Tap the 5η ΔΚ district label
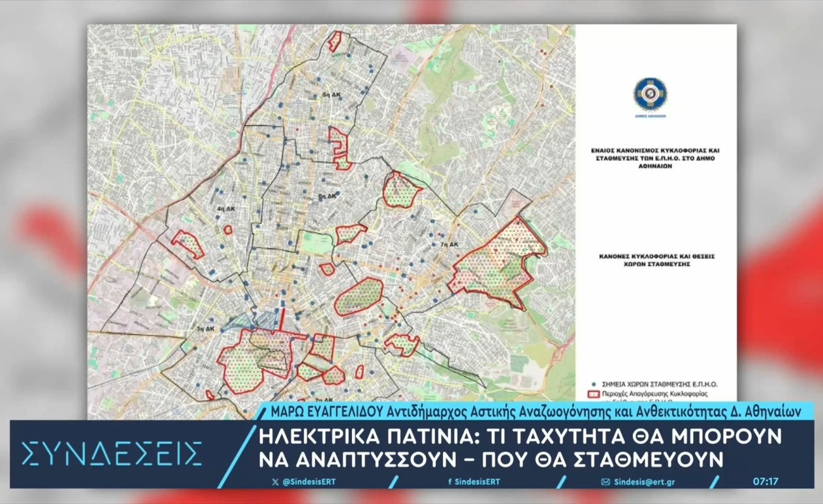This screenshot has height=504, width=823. click(x=327, y=195)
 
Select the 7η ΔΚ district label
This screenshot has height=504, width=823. click(x=451, y=245)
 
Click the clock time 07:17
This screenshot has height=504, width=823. click(x=766, y=482)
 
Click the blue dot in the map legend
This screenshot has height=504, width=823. click(x=593, y=385)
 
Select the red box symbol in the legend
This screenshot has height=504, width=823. click(x=594, y=395)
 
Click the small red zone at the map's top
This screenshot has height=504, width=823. click(x=334, y=42)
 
